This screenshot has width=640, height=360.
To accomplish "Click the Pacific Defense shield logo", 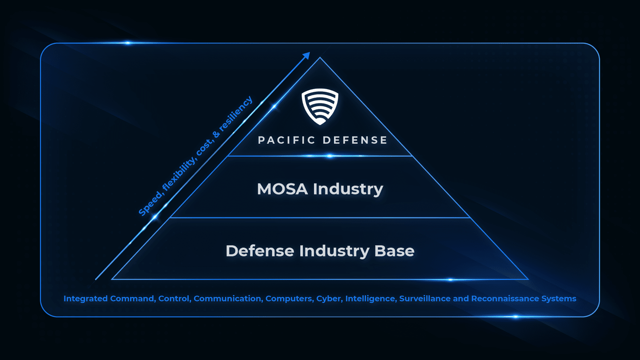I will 320,106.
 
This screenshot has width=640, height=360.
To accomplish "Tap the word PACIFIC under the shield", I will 287,140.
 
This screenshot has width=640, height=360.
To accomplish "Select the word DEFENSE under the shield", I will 355,140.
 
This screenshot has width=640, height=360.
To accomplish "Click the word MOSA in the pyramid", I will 282,189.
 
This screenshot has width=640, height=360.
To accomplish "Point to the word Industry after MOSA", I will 348,189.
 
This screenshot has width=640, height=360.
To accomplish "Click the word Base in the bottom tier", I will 394,251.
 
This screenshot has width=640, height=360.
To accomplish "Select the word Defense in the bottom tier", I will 260,251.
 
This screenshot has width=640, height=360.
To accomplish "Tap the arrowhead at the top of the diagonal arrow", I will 306,55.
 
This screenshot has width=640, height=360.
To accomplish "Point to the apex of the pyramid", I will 320,58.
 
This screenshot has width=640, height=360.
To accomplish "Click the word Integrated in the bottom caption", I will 85,299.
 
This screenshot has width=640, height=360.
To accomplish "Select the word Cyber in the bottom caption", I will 329,299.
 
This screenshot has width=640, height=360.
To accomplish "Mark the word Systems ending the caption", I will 559,299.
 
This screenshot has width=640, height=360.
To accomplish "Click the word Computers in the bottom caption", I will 289,299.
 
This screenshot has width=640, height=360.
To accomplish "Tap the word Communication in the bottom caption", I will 228,299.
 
